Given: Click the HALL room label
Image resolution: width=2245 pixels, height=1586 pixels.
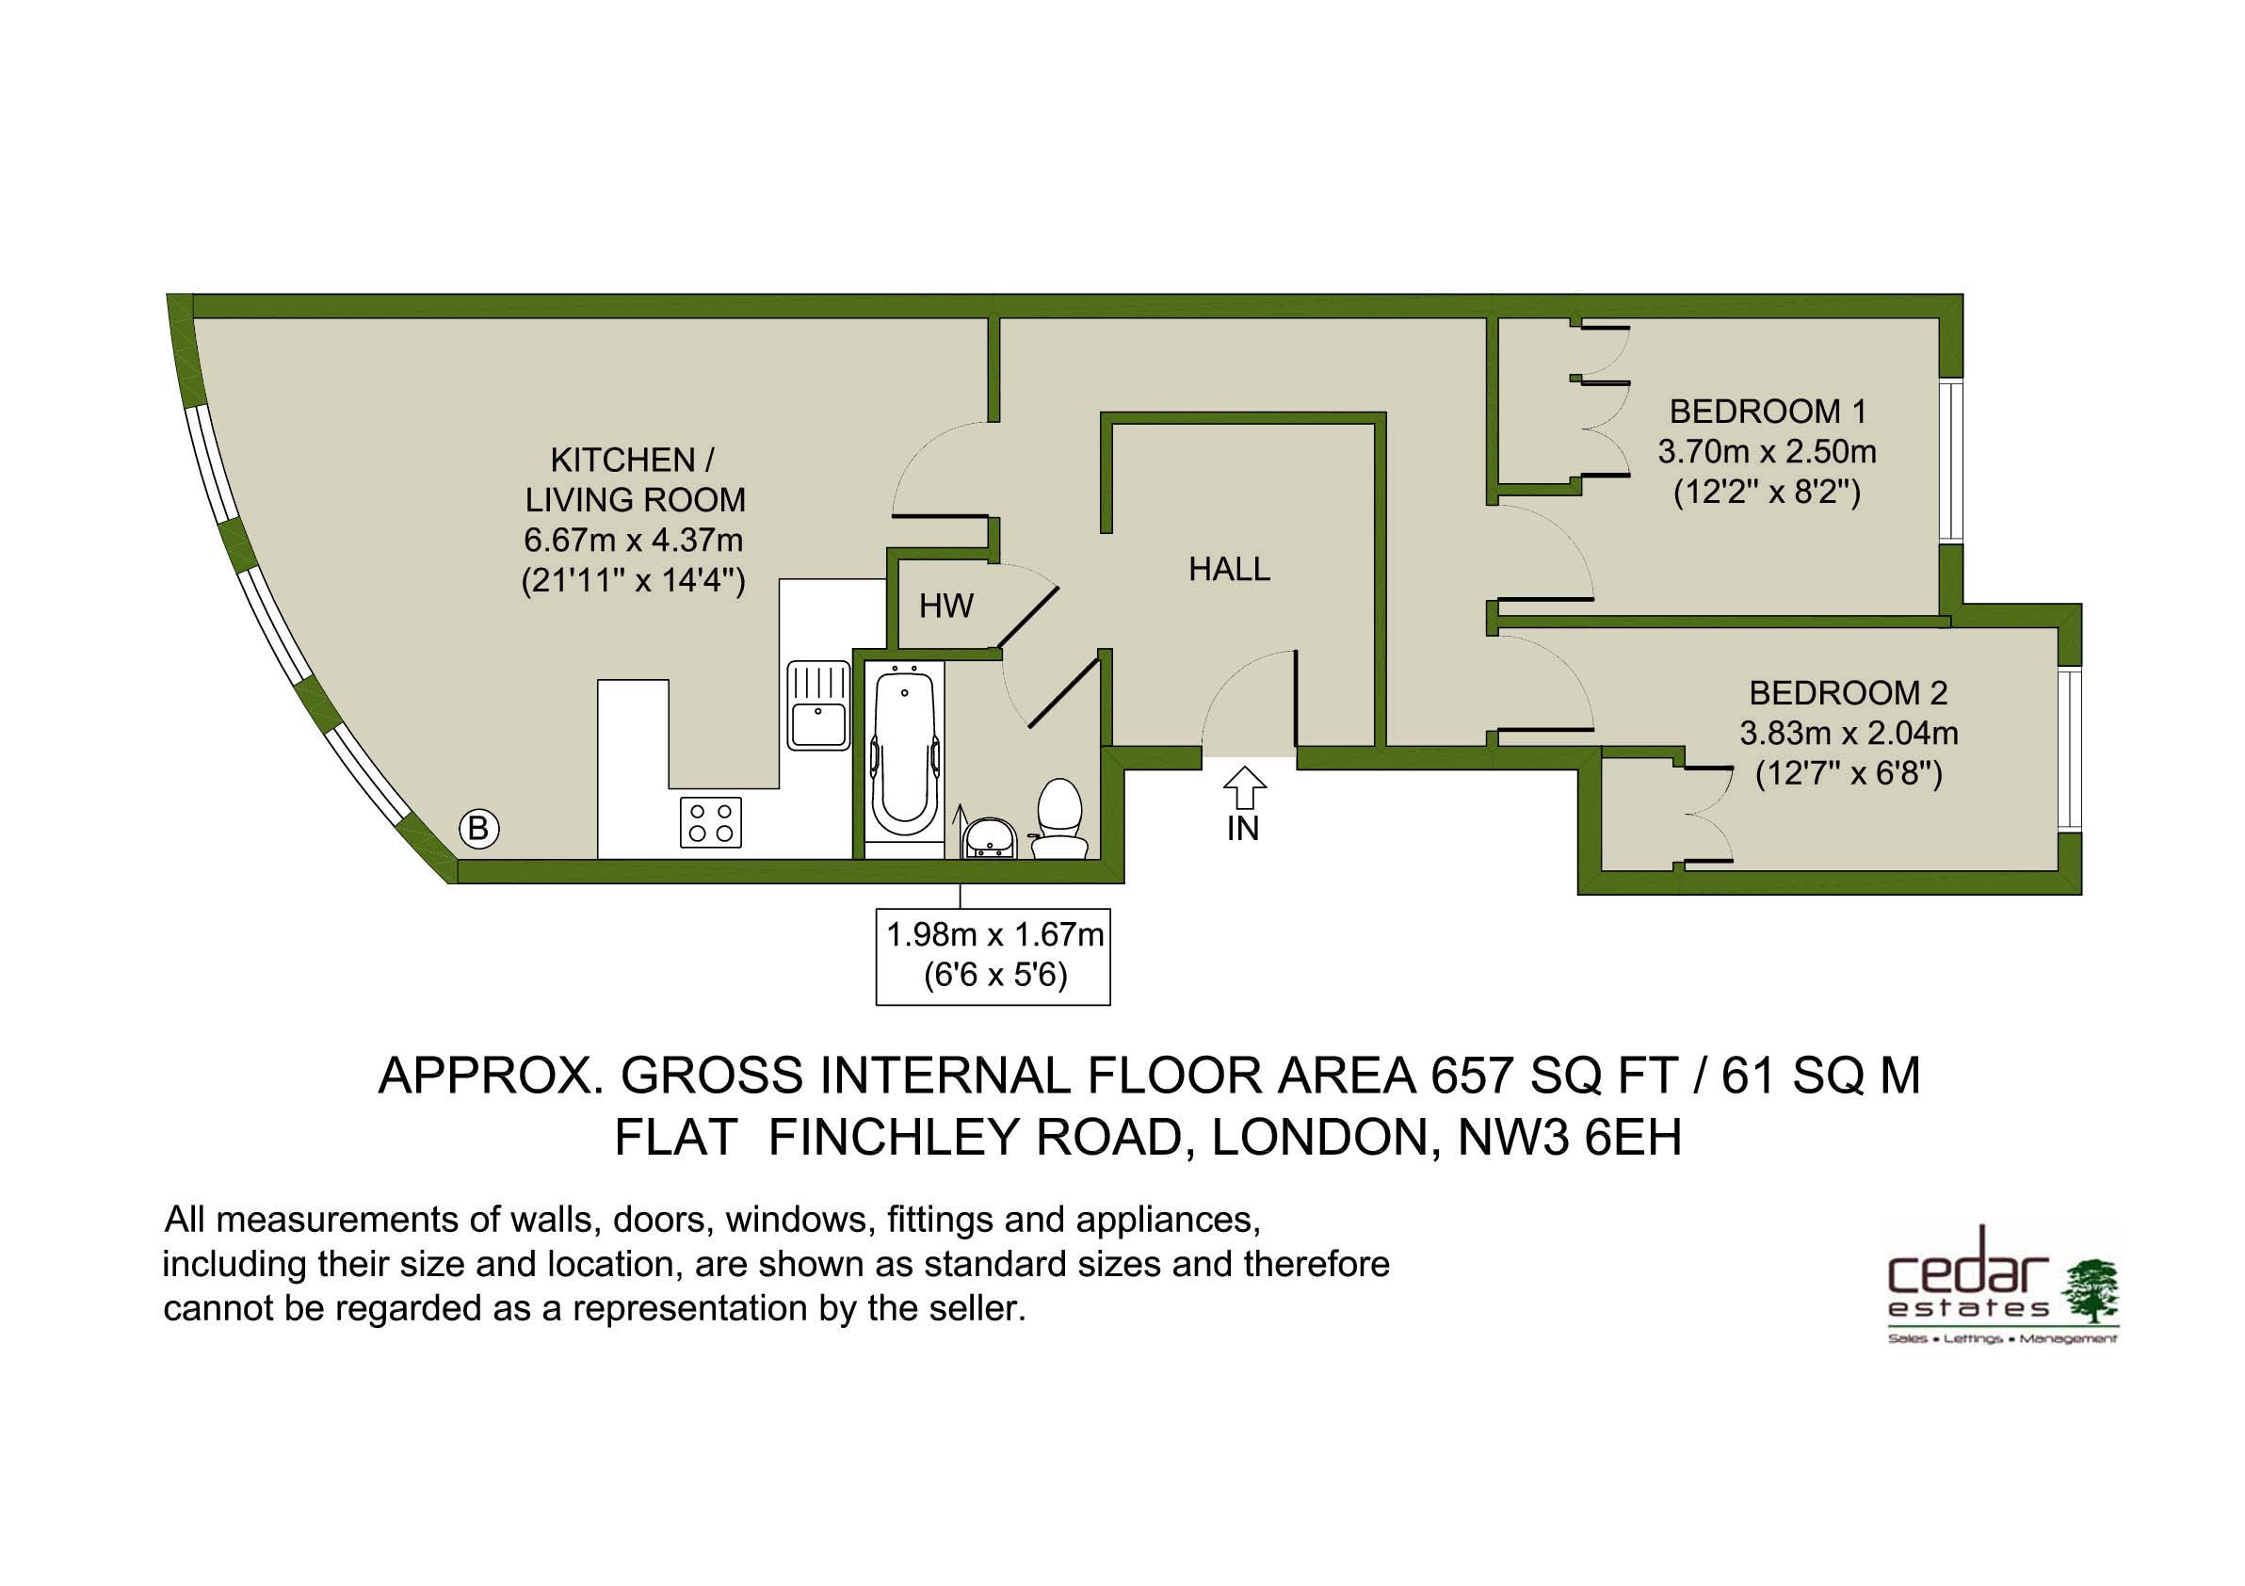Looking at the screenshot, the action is (x=1229, y=569).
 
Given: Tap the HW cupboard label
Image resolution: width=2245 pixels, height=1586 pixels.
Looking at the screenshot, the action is (x=945, y=607).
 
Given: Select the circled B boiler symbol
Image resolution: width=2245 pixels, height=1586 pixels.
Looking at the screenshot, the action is (x=478, y=829).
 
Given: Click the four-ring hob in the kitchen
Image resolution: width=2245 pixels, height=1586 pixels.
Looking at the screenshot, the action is (x=711, y=822).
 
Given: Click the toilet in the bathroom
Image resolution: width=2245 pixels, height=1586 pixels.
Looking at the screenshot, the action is (x=1059, y=819).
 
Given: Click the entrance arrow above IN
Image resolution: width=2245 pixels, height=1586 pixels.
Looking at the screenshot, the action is (x=1245, y=788).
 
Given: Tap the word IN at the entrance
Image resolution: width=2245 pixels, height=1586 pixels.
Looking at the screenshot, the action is (x=1243, y=829).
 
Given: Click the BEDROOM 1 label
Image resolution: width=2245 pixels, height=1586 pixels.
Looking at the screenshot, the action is (x=1768, y=412).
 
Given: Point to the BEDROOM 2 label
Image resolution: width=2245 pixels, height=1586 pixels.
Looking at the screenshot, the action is (x=1848, y=693).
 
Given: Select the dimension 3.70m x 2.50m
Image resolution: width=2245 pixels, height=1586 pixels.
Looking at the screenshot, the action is (x=1767, y=453).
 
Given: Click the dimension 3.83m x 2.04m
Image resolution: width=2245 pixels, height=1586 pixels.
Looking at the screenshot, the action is (x=1848, y=734).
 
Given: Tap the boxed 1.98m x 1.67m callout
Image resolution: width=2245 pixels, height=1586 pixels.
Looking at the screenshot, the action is (x=993, y=955).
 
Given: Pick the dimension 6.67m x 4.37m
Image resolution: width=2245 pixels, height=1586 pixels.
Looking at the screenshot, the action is (x=634, y=540).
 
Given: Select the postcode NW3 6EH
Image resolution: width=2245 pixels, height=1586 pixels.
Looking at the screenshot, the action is (x=1570, y=1138).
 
